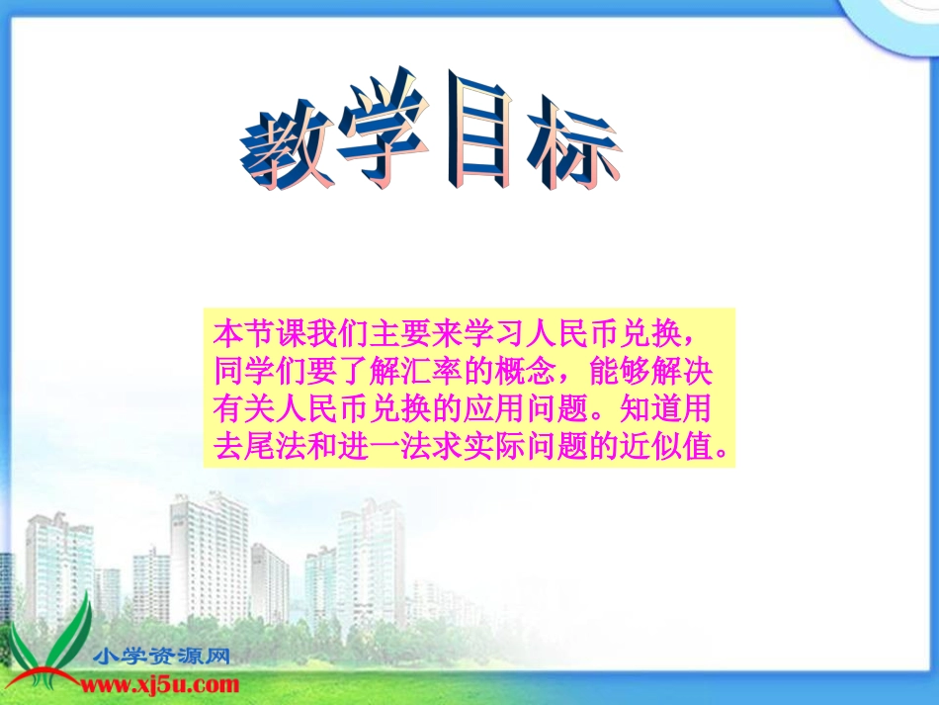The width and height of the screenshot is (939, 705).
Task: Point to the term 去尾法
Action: click(255, 448)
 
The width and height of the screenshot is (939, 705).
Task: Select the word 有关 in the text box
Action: click(240, 409)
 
